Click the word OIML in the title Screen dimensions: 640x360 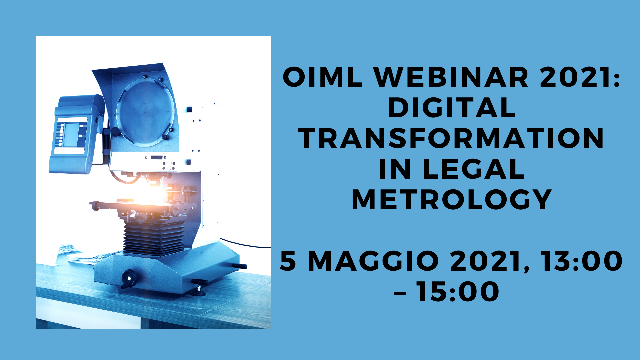[x=322, y=77]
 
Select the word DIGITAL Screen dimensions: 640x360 [x=452, y=108]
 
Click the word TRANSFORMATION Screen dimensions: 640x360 [x=451, y=138]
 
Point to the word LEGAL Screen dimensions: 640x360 [x=474, y=169]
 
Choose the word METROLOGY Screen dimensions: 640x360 [x=452, y=200]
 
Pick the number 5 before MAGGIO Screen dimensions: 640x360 [x=288, y=261]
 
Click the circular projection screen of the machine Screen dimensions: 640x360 [x=145, y=113]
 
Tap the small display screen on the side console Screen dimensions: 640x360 [x=71, y=135]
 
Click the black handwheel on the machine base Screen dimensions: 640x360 [x=128, y=278]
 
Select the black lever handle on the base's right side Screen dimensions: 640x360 [x=239, y=266]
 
